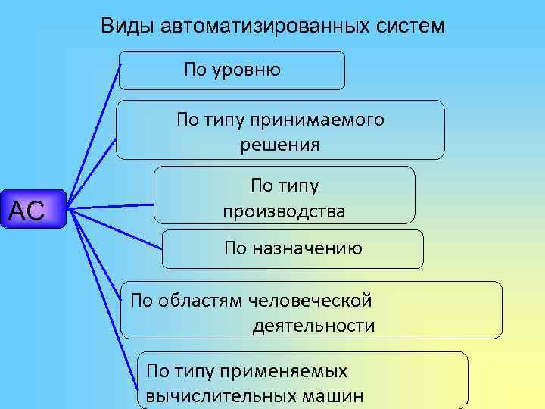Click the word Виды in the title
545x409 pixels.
(x=129, y=26)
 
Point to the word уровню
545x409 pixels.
(x=247, y=70)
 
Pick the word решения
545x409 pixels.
(x=281, y=144)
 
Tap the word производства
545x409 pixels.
(x=285, y=211)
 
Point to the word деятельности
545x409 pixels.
(x=313, y=326)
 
